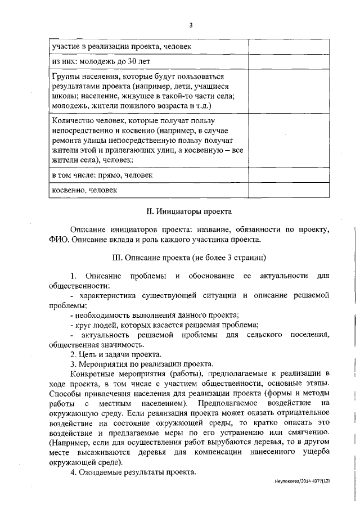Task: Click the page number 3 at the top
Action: pyautogui.click(x=191, y=24)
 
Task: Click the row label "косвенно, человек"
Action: pyautogui.click(x=84, y=191)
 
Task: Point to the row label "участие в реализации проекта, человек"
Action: pyautogui.click(x=121, y=46)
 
